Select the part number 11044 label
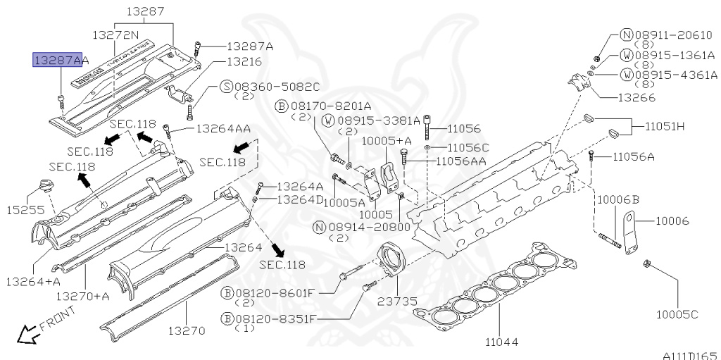pos(501,342)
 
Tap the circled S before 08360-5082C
pos(226,87)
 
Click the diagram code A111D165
pos(689,354)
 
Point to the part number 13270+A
pos(83,296)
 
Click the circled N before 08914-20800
pos(320,227)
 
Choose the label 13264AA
pos(223,129)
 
